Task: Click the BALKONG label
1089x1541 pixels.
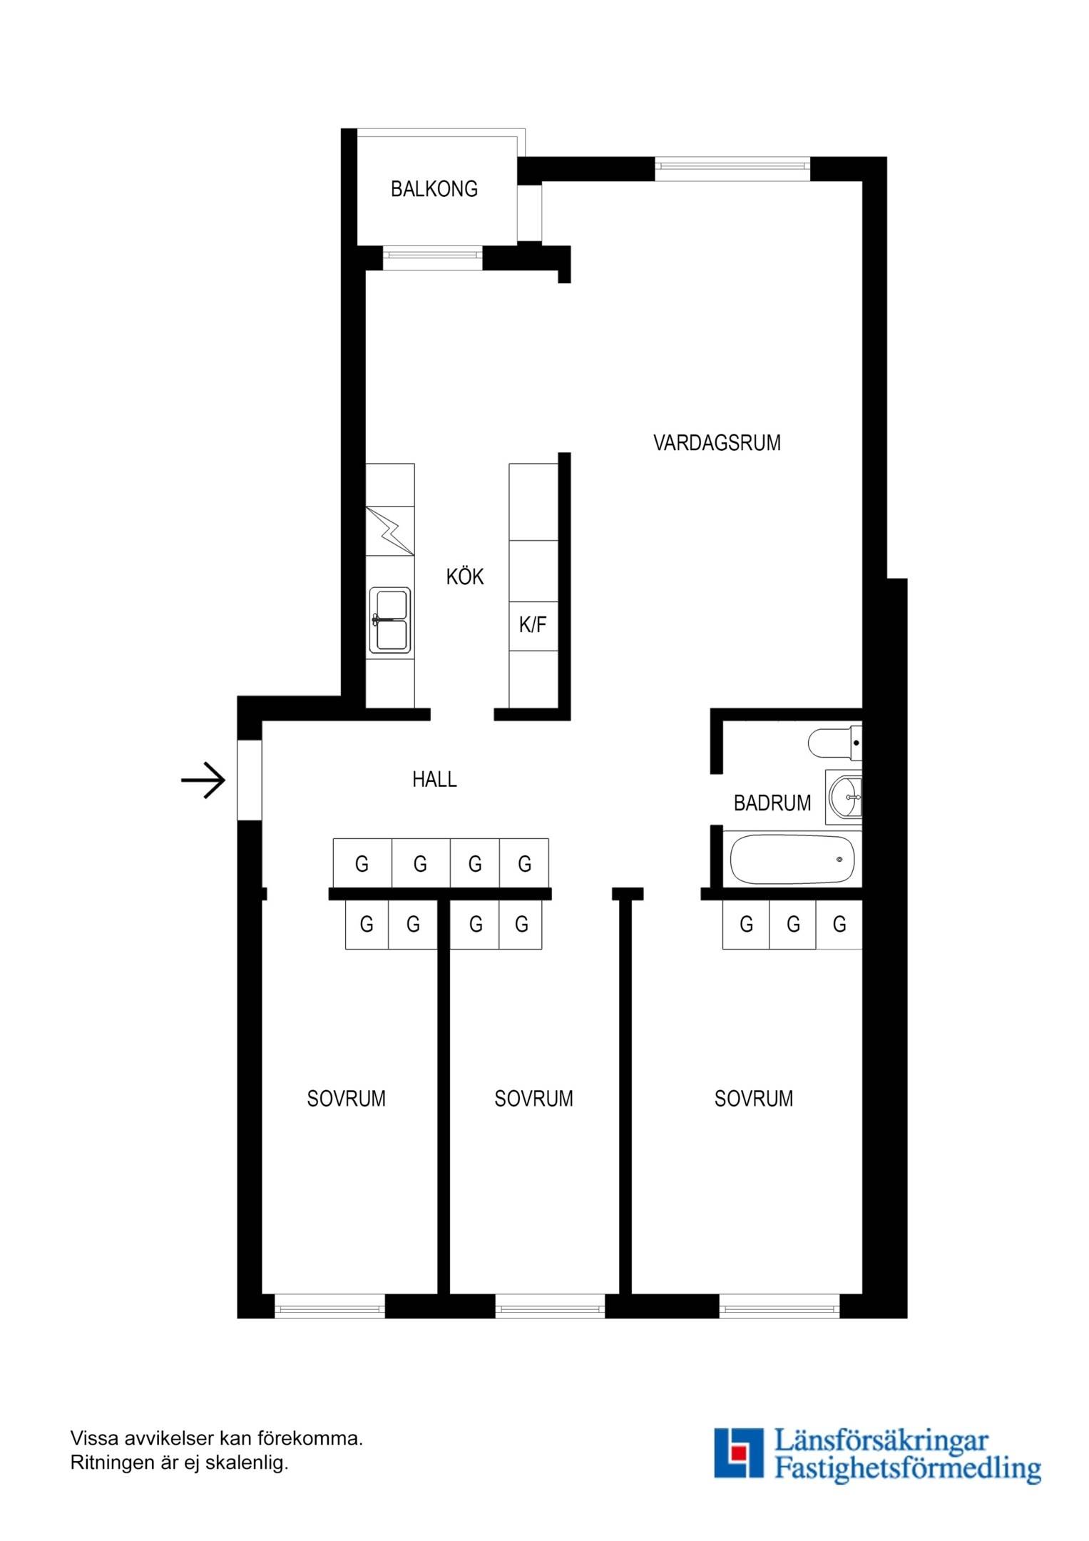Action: click(434, 189)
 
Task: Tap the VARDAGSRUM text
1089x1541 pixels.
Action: click(717, 443)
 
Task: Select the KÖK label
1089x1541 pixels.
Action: click(465, 576)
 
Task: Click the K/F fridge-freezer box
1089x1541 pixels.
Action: click(533, 626)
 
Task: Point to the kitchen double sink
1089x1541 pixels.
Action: click(389, 620)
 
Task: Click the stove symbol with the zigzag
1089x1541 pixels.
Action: click(390, 531)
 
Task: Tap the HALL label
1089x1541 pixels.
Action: click(434, 780)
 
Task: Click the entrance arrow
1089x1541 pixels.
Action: click(203, 780)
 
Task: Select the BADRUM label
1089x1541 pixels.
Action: click(772, 803)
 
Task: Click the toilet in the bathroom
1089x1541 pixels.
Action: click(835, 743)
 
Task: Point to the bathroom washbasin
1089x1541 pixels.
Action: click(844, 797)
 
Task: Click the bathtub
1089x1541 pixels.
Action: click(792, 859)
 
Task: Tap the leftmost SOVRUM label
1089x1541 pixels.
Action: click(346, 1099)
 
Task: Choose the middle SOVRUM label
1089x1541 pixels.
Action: click(533, 1099)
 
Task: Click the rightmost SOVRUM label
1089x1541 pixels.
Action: click(754, 1099)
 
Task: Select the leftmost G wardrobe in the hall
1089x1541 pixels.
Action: click(362, 863)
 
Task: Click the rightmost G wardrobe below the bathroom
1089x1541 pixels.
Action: click(839, 925)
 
